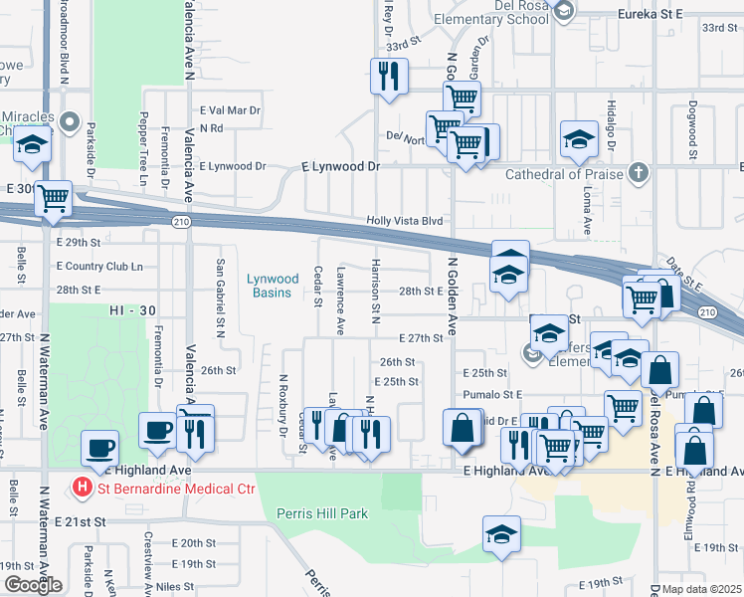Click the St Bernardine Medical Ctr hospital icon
tap(84, 488)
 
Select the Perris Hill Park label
tap(321, 513)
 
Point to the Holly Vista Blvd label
tap(403, 221)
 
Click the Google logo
tap(33, 585)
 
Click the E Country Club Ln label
tap(99, 267)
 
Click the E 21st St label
tap(80, 521)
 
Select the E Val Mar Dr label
tap(230, 110)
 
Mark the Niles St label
tap(174, 587)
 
